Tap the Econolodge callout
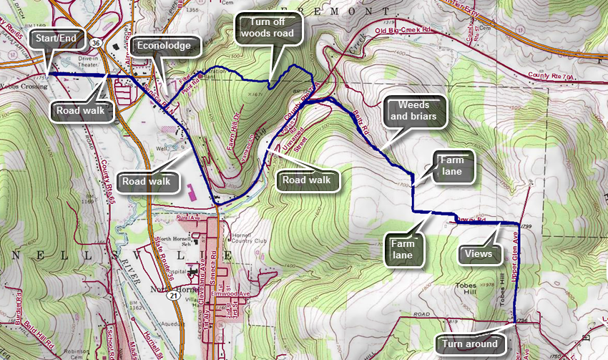165,46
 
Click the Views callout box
477,253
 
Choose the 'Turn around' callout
469,344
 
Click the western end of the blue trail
49,74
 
